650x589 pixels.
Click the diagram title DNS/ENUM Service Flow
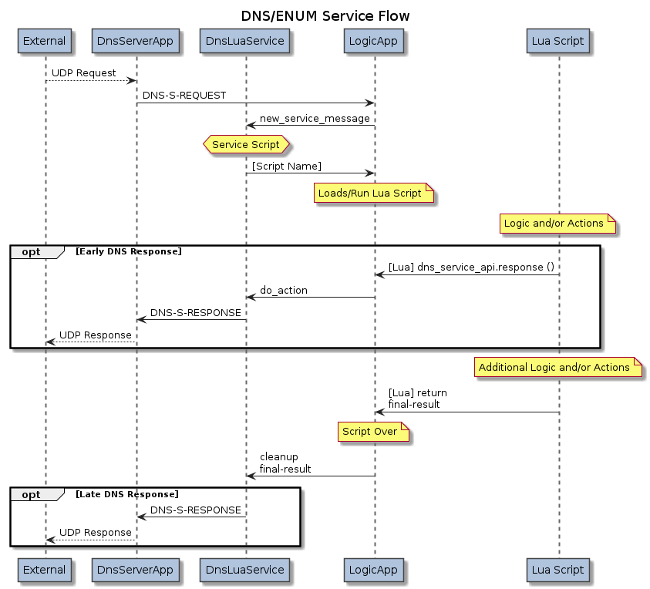[x=325, y=16]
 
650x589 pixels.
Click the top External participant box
[x=45, y=41]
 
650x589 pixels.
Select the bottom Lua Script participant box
[x=558, y=570]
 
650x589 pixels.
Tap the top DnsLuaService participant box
[x=246, y=41]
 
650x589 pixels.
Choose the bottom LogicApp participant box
[x=374, y=570]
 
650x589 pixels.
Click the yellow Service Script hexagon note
[x=246, y=144]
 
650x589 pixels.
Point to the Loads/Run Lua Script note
[x=374, y=194]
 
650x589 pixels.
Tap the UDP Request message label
[x=84, y=73]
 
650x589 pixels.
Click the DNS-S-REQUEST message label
[x=184, y=96]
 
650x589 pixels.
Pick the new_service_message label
[x=315, y=119]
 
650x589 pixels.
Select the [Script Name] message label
[x=287, y=167]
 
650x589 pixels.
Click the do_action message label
[x=284, y=291]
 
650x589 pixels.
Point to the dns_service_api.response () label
[x=471, y=268]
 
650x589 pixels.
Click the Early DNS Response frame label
[x=129, y=251]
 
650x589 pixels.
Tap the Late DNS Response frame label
[x=127, y=493]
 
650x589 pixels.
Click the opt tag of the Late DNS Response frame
[x=32, y=493]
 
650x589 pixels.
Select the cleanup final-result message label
[x=285, y=463]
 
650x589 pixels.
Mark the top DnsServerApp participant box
[x=136, y=41]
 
